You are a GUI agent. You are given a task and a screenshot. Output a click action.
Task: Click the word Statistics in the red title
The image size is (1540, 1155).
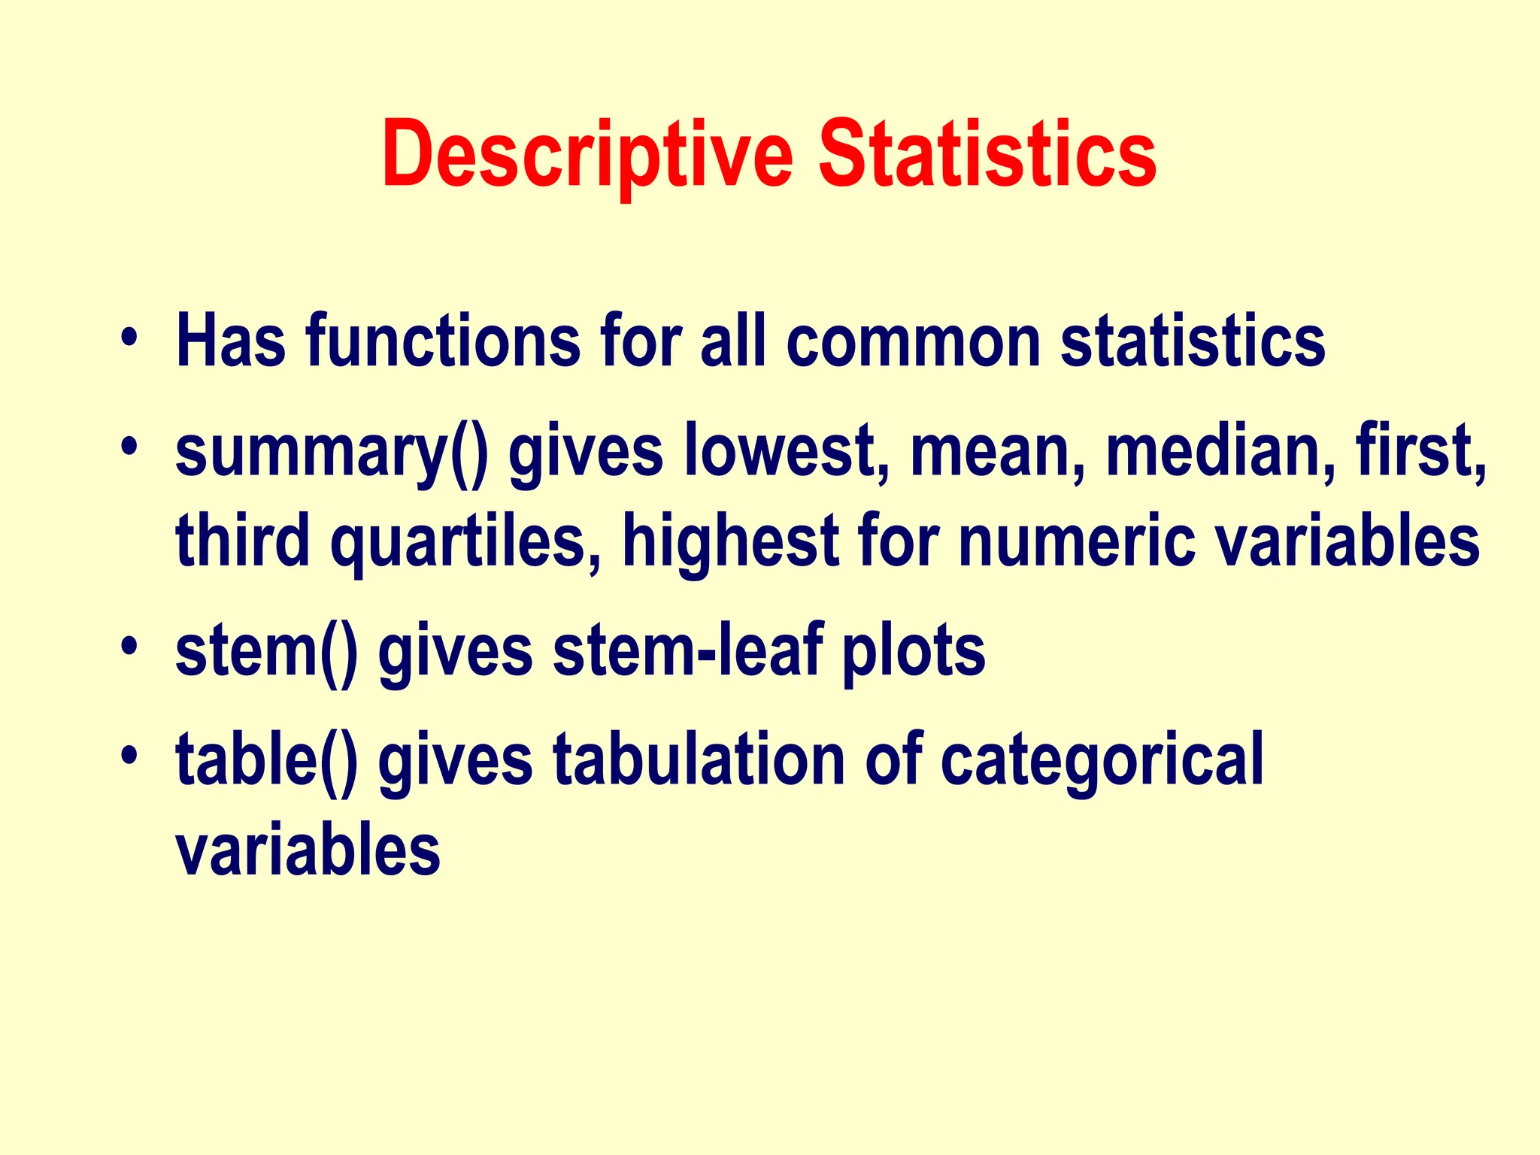click(987, 155)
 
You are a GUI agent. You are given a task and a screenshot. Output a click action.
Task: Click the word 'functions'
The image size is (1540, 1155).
click(444, 342)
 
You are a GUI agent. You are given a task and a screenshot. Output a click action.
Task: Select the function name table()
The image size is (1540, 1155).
click(267, 761)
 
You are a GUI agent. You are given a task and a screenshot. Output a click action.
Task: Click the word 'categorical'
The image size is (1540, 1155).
click(1102, 761)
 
